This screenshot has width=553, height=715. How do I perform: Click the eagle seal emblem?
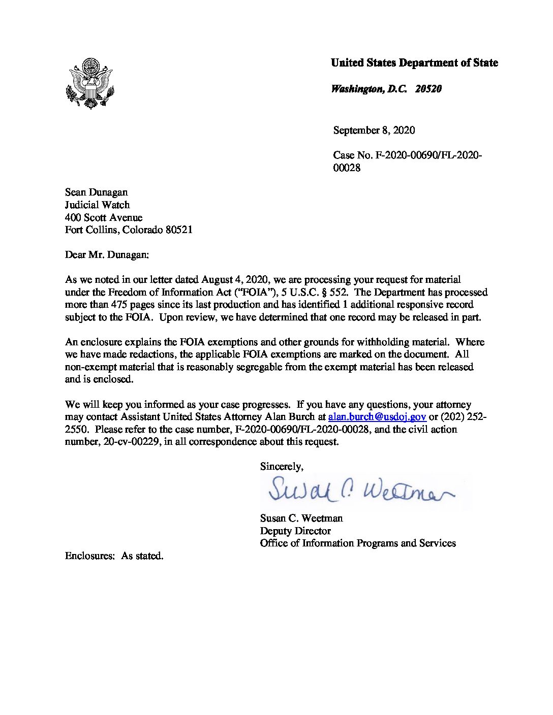[90, 83]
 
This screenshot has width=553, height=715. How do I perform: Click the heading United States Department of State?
[414, 63]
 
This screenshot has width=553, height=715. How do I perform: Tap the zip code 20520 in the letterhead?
[428, 89]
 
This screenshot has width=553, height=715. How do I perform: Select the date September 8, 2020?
[374, 131]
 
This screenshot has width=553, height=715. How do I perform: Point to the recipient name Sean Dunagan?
[96, 192]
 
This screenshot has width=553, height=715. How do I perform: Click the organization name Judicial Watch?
[97, 205]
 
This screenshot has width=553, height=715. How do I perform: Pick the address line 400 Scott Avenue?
[104, 218]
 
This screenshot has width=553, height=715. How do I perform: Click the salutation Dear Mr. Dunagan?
[107, 255]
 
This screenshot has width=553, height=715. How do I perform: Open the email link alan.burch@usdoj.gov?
[377, 417]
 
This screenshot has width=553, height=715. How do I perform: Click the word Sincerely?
[282, 467]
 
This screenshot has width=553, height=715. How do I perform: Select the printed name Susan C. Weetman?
[301, 518]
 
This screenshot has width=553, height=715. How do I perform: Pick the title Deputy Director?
[295, 531]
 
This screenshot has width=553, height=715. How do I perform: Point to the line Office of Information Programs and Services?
[358, 543]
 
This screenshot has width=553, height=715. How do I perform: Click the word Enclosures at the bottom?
[89, 556]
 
